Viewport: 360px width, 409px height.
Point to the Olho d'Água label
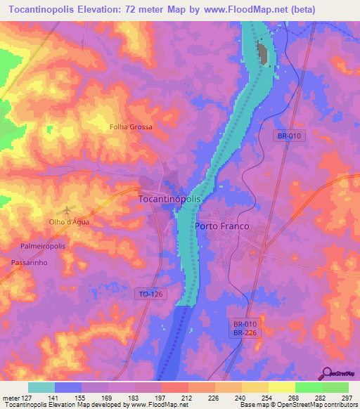(70, 221)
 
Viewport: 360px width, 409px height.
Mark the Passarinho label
(29, 261)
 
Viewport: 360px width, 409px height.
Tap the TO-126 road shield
(150, 293)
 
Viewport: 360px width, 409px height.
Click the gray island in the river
(264, 53)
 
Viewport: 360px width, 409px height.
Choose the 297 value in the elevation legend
(346, 397)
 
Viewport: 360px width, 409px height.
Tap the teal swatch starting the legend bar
(41, 387)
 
